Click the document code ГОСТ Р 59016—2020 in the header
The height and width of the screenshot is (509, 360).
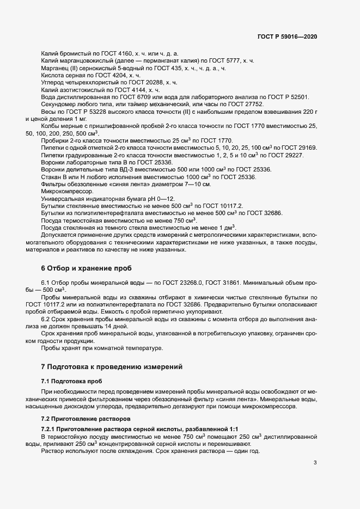click(x=287, y=36)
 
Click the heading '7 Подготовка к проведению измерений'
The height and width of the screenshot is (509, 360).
click(x=116, y=367)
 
